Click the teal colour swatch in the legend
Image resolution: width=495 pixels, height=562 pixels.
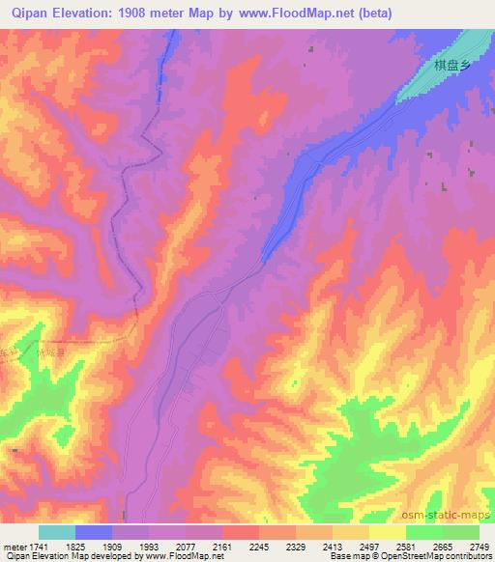click(x=57, y=532)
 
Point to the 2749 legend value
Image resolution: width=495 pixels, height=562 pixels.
click(x=480, y=547)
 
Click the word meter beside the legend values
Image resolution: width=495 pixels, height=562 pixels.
click(x=14, y=547)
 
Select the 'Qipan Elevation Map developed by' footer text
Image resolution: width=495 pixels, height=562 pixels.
click(x=54, y=556)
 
